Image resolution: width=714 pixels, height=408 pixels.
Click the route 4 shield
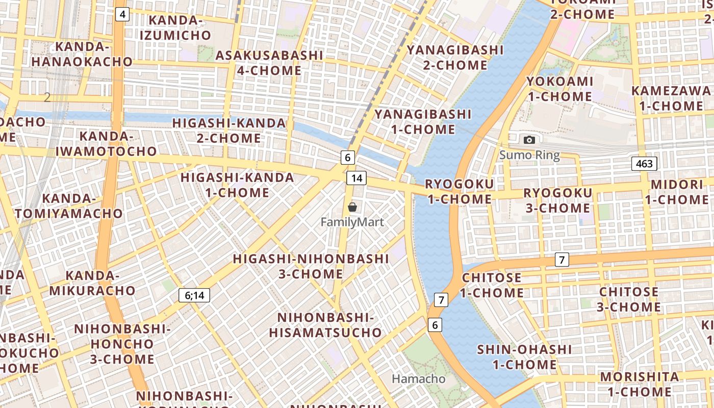coord(122,14)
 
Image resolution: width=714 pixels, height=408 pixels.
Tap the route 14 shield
coord(356,178)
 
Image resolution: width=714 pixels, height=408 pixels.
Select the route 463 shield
coord(644,164)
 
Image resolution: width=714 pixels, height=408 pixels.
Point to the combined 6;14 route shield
coord(194,295)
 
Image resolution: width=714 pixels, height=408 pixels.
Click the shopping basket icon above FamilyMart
coord(352,207)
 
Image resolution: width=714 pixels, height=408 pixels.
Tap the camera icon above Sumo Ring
coord(529,140)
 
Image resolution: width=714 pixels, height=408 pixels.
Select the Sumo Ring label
coord(529,155)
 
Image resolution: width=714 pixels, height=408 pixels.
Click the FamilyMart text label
coord(352,222)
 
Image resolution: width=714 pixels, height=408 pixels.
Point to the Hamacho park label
coord(418,379)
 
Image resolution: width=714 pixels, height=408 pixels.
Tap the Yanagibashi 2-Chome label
coord(455,57)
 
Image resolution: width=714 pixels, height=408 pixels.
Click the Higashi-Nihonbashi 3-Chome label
coord(311,266)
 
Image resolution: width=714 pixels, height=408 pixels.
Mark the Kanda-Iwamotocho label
coord(106,143)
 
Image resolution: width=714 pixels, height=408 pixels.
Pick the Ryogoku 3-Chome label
coord(557,200)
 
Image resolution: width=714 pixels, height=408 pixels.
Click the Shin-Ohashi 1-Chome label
coord(524,357)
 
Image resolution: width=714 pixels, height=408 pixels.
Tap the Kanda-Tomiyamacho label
coord(69,206)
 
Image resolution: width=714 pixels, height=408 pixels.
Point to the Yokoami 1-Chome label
coord(559,89)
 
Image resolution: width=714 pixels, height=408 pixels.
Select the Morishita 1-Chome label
coord(640,384)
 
